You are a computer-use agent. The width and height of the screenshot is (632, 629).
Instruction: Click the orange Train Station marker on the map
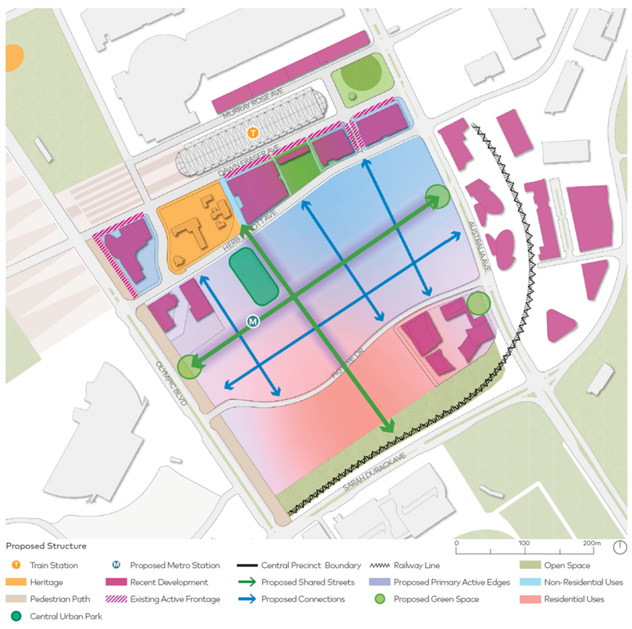(254, 133)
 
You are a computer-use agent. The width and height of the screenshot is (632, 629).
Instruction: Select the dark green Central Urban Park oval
(254, 277)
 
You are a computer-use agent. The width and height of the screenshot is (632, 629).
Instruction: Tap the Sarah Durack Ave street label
(370, 473)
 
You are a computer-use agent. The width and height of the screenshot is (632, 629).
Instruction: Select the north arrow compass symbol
(620, 548)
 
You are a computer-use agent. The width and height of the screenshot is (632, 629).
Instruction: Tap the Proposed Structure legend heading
(46, 546)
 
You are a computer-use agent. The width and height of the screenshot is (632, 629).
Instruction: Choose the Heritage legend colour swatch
(14, 582)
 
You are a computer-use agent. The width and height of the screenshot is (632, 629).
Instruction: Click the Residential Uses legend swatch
(531, 599)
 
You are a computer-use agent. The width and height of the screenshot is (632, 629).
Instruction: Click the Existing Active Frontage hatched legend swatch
(116, 599)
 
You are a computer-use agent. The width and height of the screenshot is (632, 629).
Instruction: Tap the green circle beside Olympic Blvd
(190, 367)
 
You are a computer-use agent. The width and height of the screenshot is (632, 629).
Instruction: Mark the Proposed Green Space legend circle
(379, 599)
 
